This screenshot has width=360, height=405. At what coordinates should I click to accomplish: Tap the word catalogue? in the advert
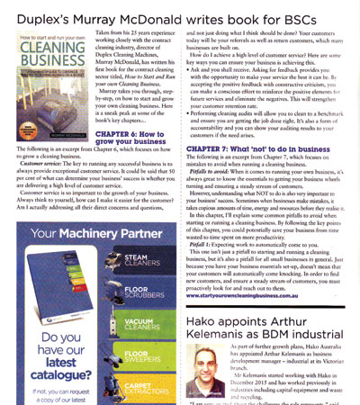pos(49,360)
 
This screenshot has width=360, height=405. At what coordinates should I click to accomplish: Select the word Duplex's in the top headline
pos(36,13)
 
